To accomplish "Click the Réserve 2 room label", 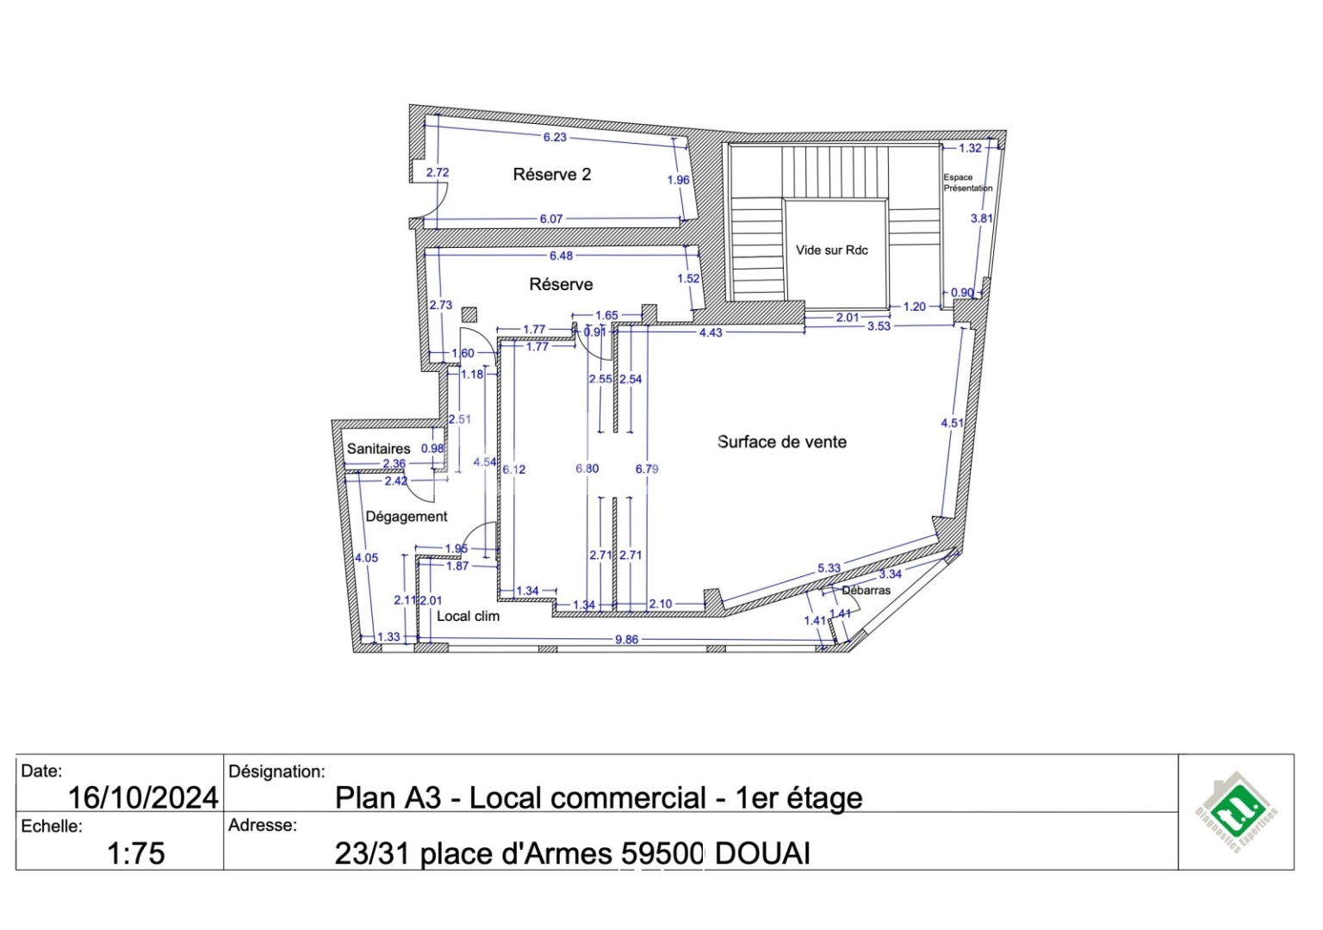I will coord(551,175).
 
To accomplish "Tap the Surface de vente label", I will coord(781,442).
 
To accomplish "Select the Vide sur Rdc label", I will coord(831,251).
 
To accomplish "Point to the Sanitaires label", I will coord(378,449).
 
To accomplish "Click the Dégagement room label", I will coord(407,517).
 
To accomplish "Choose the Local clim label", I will coord(468,617).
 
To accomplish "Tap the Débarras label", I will coord(866,591).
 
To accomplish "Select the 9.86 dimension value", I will coord(626,640).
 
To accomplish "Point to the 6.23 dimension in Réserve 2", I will coord(555,137).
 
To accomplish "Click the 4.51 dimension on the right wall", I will coord(952,423).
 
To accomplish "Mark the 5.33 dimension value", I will coord(829,568).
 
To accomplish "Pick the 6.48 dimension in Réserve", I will coord(561,256).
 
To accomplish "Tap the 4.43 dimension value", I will coord(711,332).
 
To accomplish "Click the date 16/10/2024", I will coord(143,797).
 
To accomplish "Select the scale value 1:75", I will coord(135,853).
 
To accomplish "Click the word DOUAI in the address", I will coord(762,853).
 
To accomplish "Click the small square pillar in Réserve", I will coord(469,314).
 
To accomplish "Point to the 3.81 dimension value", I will coord(981,219).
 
